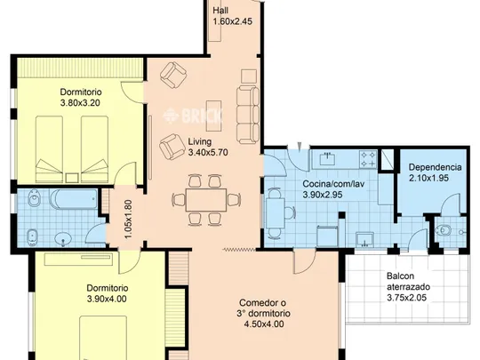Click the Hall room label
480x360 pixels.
(220, 11)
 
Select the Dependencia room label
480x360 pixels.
(435, 167)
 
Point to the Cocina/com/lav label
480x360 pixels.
(333, 184)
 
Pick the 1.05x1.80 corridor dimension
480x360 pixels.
(129, 220)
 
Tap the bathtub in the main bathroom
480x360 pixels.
(75, 199)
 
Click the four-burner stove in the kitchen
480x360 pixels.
(368, 159)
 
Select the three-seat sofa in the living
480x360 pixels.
(248, 115)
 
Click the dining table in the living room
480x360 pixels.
(206, 200)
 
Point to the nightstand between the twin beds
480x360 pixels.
(72, 178)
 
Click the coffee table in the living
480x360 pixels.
(214, 116)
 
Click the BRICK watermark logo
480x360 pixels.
(192, 116)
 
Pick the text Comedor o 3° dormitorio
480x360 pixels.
(263, 308)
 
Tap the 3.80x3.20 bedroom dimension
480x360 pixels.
(81, 103)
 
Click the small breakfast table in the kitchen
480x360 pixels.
(276, 212)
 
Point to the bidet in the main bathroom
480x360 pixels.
(31, 237)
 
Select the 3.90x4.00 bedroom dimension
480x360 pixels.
(107, 299)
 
